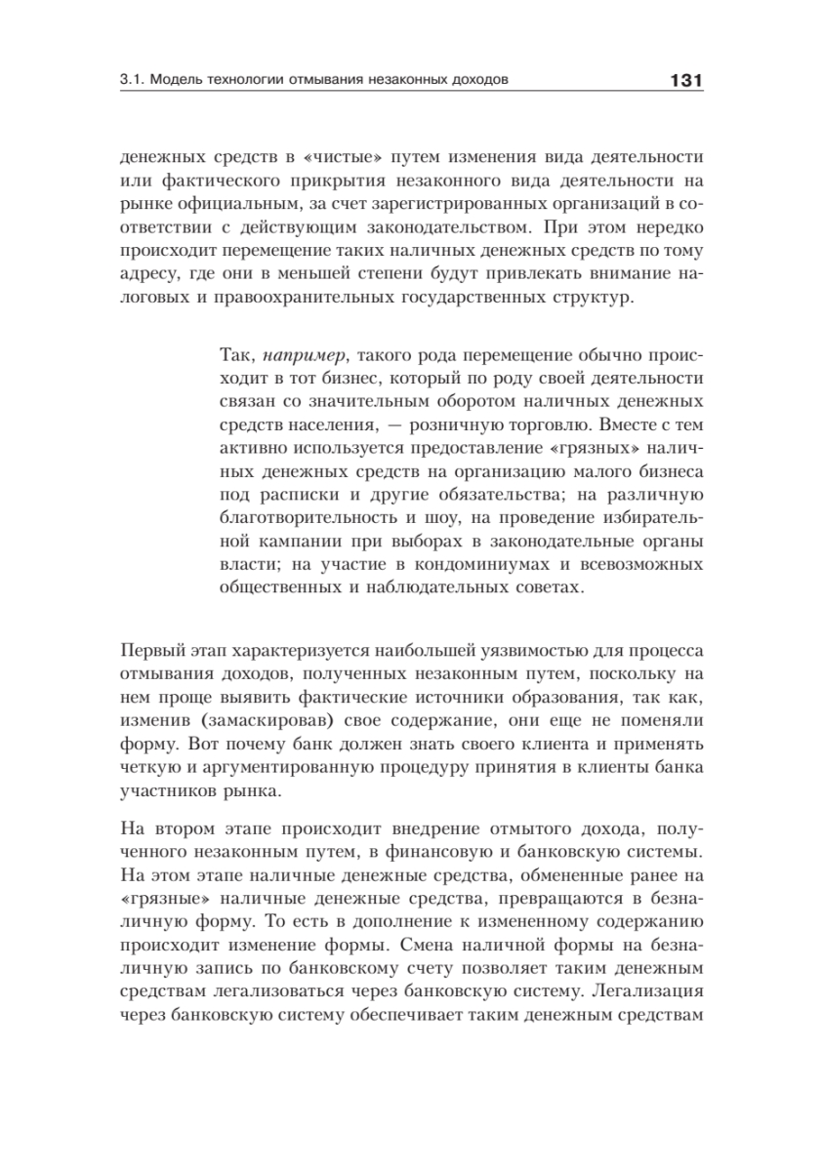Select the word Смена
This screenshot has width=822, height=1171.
click(473, 947)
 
